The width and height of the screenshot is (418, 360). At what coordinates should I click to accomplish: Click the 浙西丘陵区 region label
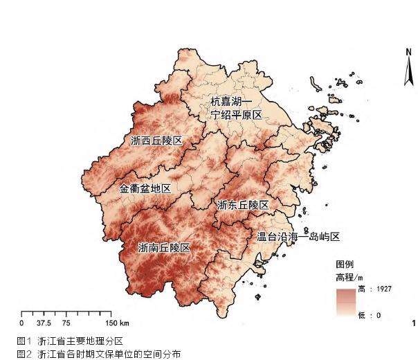(x=156, y=141)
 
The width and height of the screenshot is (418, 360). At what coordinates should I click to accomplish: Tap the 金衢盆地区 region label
(x=145, y=188)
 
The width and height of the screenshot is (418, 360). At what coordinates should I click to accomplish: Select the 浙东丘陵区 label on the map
(x=242, y=206)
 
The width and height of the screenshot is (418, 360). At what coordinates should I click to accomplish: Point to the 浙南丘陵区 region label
(x=164, y=247)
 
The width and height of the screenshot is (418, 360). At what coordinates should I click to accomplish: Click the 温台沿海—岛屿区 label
(x=298, y=237)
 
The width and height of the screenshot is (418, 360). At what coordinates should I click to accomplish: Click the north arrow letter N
(x=408, y=51)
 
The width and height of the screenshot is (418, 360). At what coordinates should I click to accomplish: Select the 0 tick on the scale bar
(x=21, y=323)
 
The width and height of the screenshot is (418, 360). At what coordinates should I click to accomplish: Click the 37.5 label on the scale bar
(x=43, y=323)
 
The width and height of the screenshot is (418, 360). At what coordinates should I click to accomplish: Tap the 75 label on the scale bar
(x=66, y=323)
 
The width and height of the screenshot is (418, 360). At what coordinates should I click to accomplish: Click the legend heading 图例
(x=345, y=265)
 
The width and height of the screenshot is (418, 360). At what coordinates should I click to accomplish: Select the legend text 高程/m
(x=349, y=277)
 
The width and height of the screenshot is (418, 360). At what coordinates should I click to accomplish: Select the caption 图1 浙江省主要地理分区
(x=70, y=341)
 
